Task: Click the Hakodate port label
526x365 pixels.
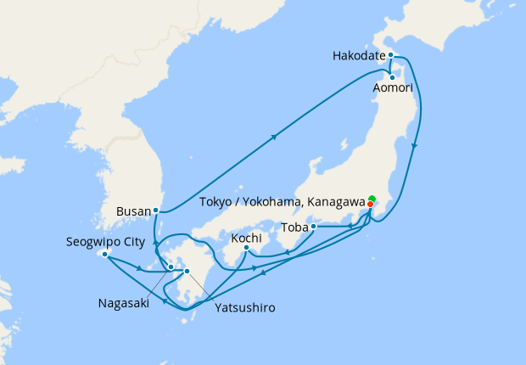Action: (x=356, y=56)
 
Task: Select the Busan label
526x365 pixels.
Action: (x=136, y=209)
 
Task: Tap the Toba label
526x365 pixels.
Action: (x=294, y=227)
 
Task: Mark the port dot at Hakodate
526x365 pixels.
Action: (x=390, y=55)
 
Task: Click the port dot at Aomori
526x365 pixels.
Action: (x=392, y=77)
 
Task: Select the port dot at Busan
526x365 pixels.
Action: (x=156, y=209)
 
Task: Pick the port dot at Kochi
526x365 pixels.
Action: (x=246, y=248)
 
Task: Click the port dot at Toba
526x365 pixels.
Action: (x=314, y=227)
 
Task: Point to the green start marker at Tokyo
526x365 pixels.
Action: (x=372, y=199)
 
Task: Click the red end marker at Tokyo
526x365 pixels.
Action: (x=370, y=205)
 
